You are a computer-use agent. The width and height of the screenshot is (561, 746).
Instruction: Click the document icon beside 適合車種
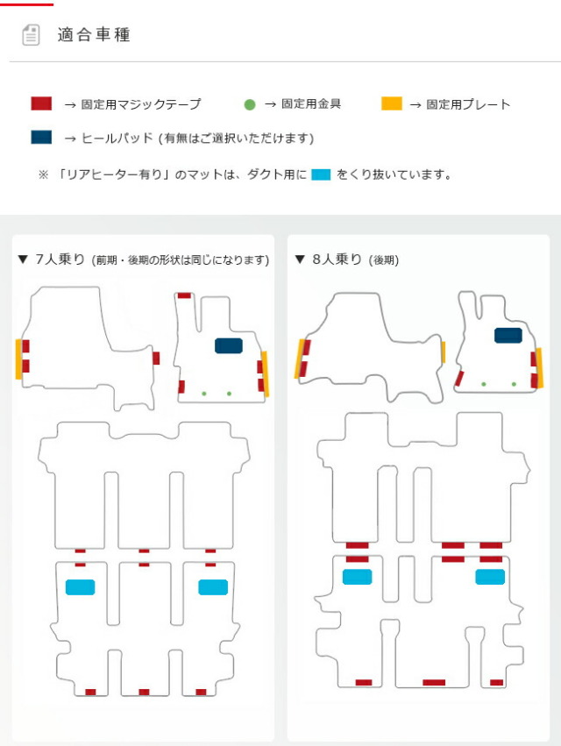coord(31,35)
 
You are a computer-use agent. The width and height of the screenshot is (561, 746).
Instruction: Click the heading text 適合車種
coord(94,35)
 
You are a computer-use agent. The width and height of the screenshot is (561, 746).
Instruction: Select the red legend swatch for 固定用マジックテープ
coord(41,103)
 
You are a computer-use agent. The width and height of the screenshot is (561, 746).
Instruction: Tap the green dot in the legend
coord(250,104)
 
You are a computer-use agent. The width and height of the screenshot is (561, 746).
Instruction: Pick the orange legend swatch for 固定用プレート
coord(392,103)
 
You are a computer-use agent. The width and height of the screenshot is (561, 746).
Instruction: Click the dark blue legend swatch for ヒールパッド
coord(41,137)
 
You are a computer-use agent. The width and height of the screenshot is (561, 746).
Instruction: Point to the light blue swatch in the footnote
coord(321,174)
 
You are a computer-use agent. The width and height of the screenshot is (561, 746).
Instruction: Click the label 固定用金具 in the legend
coord(311,103)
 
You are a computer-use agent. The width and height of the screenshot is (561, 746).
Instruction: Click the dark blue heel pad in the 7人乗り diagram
coord(229,346)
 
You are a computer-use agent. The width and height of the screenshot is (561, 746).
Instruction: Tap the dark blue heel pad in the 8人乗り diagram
coord(508,336)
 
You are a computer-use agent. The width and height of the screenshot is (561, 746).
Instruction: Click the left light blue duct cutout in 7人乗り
coord(80,587)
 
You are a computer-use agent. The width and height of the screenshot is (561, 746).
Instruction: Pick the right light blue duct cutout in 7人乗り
coord(213,587)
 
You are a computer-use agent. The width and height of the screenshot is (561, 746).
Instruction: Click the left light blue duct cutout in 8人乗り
coord(358,577)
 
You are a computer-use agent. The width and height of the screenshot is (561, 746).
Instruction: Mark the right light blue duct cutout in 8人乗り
coord(490,577)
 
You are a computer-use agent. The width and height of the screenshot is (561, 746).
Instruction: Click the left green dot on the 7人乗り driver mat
coord(204,394)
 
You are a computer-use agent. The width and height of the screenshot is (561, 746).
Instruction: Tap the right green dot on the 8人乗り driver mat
coord(514,384)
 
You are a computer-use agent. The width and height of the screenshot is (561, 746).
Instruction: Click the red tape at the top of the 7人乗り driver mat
coord(184,295)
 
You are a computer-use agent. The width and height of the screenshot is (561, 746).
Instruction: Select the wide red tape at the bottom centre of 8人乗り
coord(434,682)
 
